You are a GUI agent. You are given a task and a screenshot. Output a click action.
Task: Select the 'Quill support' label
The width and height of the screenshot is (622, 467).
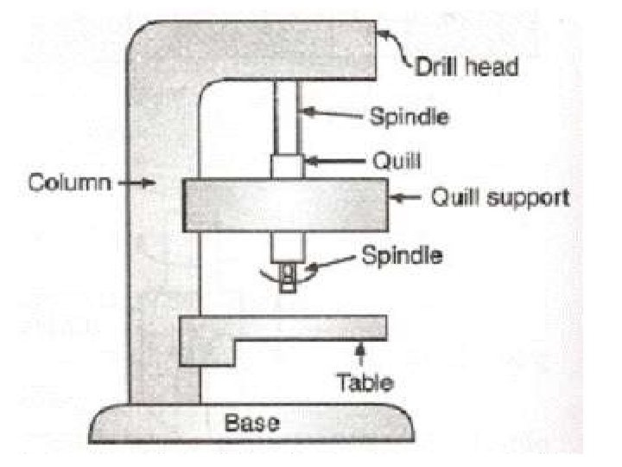500,198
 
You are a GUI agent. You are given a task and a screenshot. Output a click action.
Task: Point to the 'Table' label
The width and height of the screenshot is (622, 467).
364,381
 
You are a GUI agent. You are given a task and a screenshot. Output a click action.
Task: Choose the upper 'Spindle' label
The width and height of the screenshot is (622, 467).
409,115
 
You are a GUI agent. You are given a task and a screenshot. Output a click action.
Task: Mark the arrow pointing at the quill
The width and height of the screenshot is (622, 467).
328,160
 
